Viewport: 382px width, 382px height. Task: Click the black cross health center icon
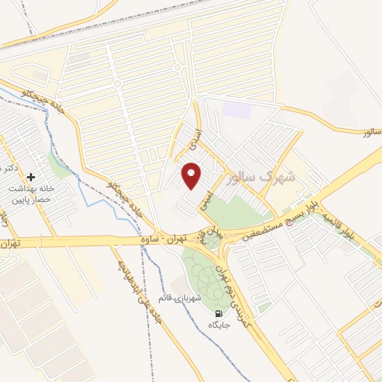[31, 177]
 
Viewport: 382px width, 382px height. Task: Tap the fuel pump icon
[219, 314]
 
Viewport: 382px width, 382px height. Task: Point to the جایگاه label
[219, 326]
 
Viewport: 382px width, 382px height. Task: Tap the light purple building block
[237, 109]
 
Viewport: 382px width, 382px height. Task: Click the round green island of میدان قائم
[213, 242]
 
